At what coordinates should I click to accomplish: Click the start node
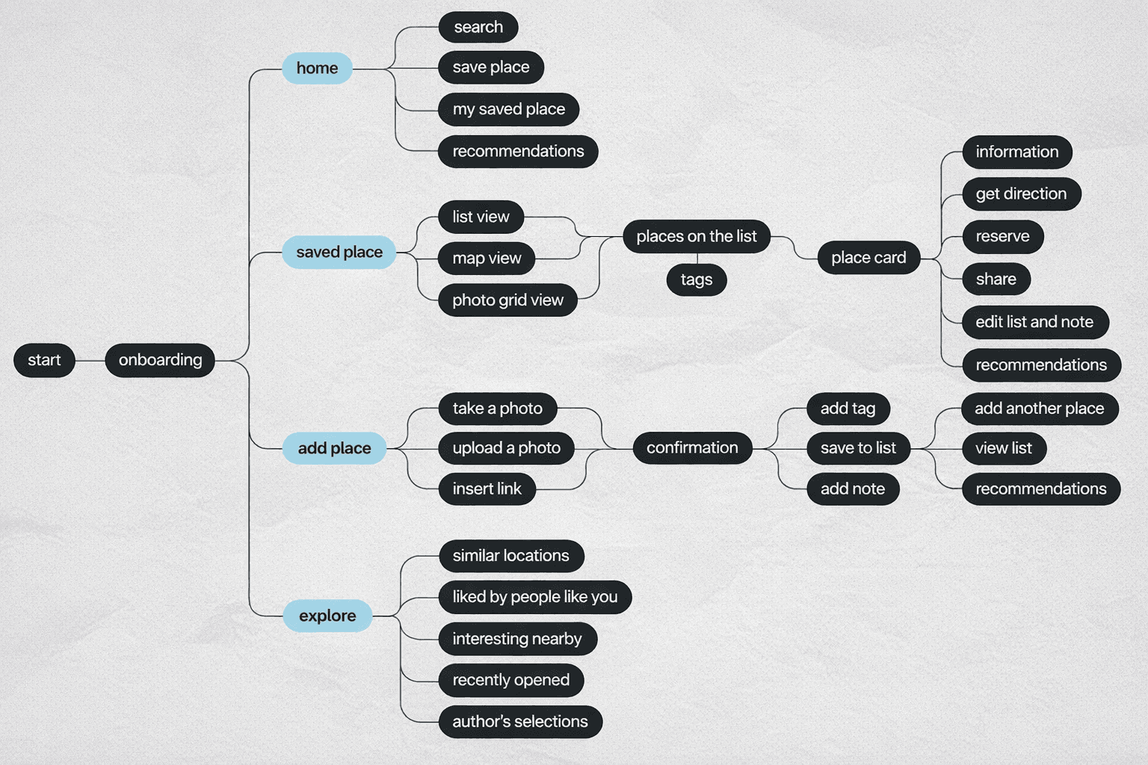point(44,360)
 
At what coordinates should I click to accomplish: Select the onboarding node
point(160,360)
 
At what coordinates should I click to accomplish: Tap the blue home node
point(317,68)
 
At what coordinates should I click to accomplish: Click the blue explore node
point(327,616)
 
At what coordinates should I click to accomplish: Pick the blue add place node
point(334,448)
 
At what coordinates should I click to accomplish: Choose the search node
point(478,28)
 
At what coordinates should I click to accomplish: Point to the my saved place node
point(508,109)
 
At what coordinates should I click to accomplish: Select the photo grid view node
point(507,300)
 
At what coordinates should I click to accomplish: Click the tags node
point(697,280)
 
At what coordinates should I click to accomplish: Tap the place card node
point(868,258)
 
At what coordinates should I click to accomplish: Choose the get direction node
point(1021,194)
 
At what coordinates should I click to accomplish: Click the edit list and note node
point(1034,322)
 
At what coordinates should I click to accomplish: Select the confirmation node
point(692,448)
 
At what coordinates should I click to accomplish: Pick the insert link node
point(487,489)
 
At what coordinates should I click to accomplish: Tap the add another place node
point(1039,409)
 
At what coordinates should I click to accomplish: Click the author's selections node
point(520,722)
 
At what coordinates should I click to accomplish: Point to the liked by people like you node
point(535,597)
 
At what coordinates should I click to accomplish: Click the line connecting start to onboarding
point(90,360)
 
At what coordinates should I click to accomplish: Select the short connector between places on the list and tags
point(697,258)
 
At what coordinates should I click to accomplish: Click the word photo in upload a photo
point(539,448)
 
